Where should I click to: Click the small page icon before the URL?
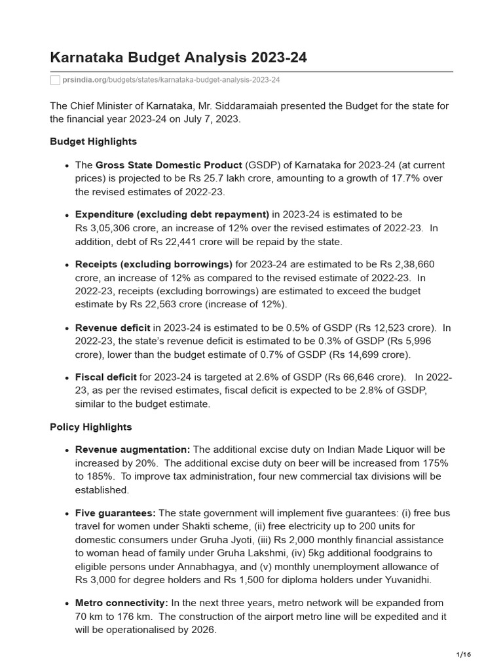55,79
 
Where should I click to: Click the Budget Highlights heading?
93,142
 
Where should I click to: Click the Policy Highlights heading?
90,427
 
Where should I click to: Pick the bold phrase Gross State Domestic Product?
169,165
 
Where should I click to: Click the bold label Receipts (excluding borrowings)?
154,264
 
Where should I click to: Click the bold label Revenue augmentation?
133,450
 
